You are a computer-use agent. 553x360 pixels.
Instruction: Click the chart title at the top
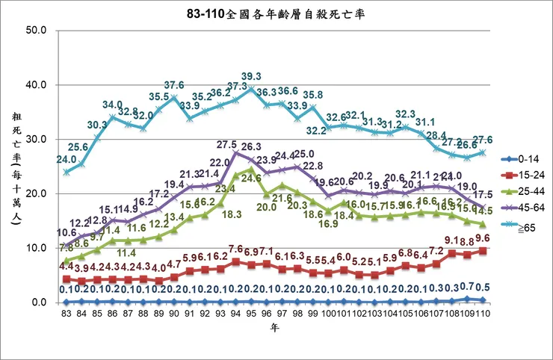pyautogui.click(x=276, y=13)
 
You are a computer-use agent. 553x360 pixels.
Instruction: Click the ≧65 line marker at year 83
pyautogui.click(x=67, y=172)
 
